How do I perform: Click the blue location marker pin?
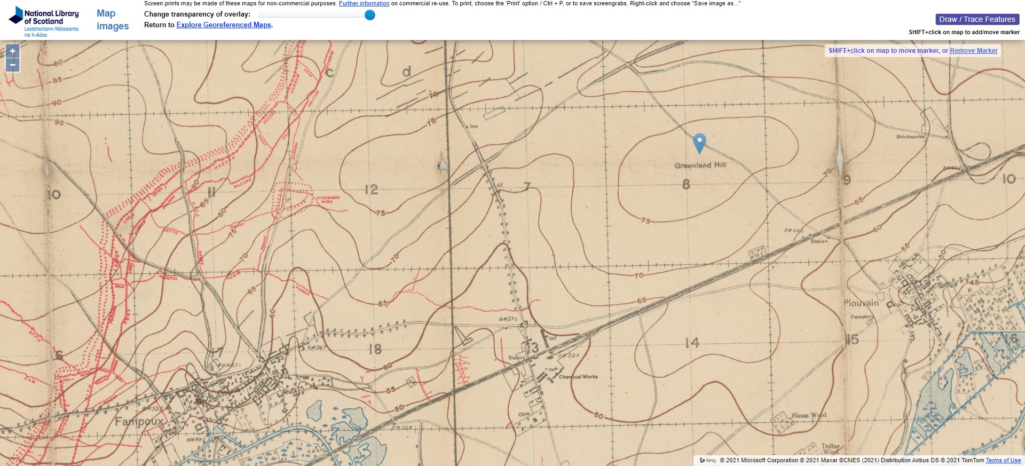click(x=699, y=143)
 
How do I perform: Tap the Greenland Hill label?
click(x=700, y=165)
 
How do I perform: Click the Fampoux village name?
click(x=139, y=422)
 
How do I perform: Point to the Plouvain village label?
click(x=861, y=303)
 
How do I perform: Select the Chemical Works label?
click(x=578, y=377)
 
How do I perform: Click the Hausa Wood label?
click(x=808, y=415)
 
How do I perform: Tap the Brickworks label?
click(x=910, y=137)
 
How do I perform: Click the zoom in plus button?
click(x=13, y=51)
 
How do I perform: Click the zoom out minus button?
click(x=13, y=65)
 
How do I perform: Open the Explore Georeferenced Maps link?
click(x=224, y=25)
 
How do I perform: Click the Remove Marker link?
click(x=973, y=51)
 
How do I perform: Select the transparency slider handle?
click(x=369, y=15)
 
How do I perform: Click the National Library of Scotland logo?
click(x=44, y=21)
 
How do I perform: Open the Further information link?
click(x=364, y=3)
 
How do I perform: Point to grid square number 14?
click(x=692, y=343)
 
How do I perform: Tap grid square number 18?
click(x=375, y=349)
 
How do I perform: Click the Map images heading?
click(x=113, y=20)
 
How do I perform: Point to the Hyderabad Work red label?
click(x=328, y=200)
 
